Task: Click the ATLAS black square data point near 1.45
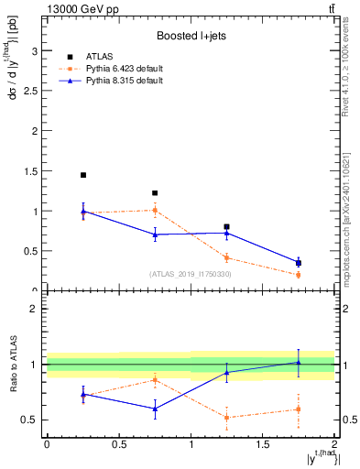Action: click(x=82, y=175)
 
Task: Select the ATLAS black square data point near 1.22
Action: click(x=155, y=193)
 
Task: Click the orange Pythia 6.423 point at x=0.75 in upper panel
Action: click(x=155, y=211)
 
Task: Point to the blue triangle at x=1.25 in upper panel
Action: click(x=226, y=233)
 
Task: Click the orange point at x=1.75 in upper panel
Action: click(x=299, y=275)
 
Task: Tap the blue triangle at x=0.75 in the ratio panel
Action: click(x=155, y=409)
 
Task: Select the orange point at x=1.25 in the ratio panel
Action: click(x=226, y=418)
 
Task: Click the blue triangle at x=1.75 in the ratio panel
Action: click(x=299, y=362)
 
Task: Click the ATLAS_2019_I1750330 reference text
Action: click(x=190, y=274)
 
